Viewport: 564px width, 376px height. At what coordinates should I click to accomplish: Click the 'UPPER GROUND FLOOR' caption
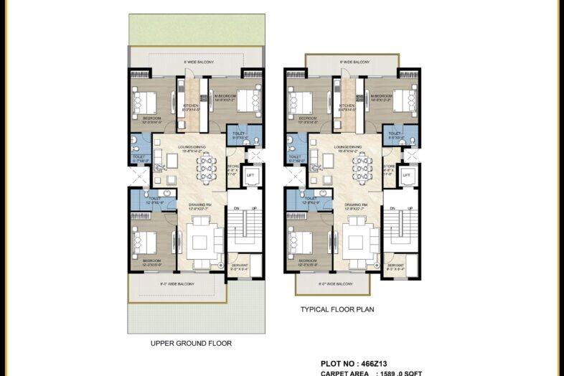pyautogui.click(x=191, y=343)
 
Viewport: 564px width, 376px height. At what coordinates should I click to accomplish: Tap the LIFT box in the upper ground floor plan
pyautogui.click(x=250, y=175)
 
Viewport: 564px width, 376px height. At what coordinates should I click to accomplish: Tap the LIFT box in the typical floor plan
pyautogui.click(x=406, y=175)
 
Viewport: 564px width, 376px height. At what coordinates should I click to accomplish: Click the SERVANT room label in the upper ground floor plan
pyautogui.click(x=240, y=267)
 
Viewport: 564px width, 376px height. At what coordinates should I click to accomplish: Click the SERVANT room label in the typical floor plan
pyautogui.click(x=395, y=267)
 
